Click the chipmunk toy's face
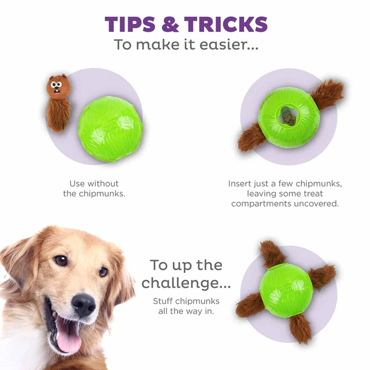[x=57, y=86]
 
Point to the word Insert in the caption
[x=240, y=184]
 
